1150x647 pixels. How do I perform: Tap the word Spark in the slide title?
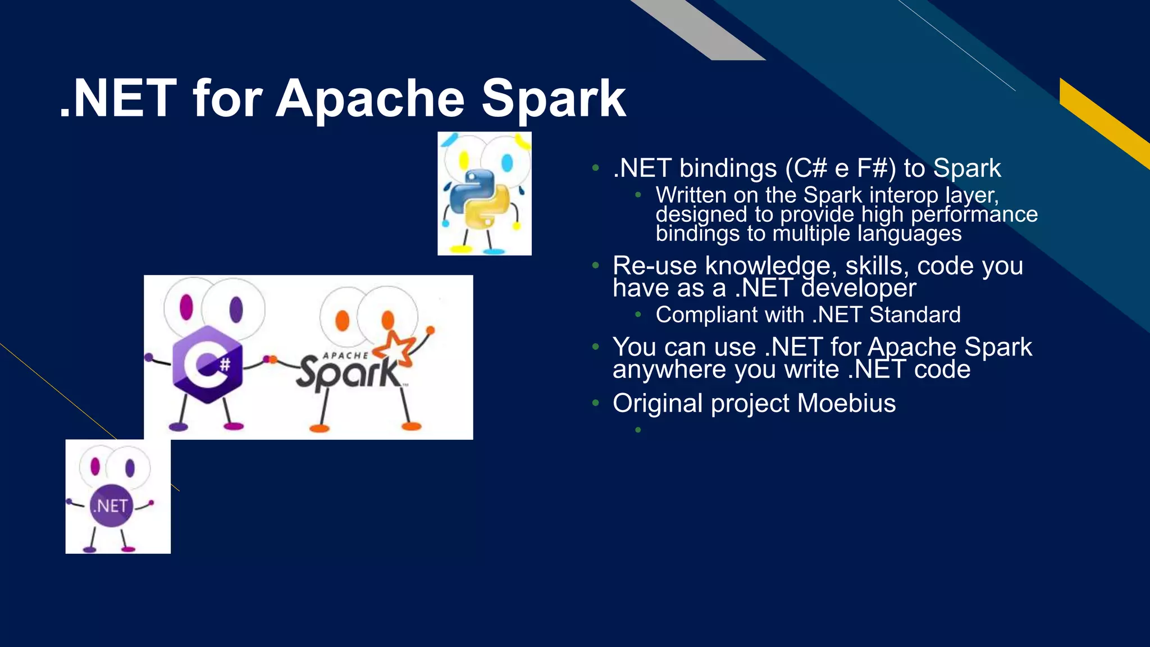coord(553,99)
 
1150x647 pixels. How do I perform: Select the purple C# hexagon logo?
coord(207,364)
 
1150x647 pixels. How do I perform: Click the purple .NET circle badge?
coord(111,505)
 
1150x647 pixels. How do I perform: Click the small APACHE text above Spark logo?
coord(345,356)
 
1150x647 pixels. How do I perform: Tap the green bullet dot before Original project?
coord(596,403)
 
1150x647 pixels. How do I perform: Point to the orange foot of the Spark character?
coord(320,429)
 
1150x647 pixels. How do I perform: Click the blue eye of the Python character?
coord(507,163)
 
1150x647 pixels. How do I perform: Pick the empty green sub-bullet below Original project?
coord(638,430)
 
